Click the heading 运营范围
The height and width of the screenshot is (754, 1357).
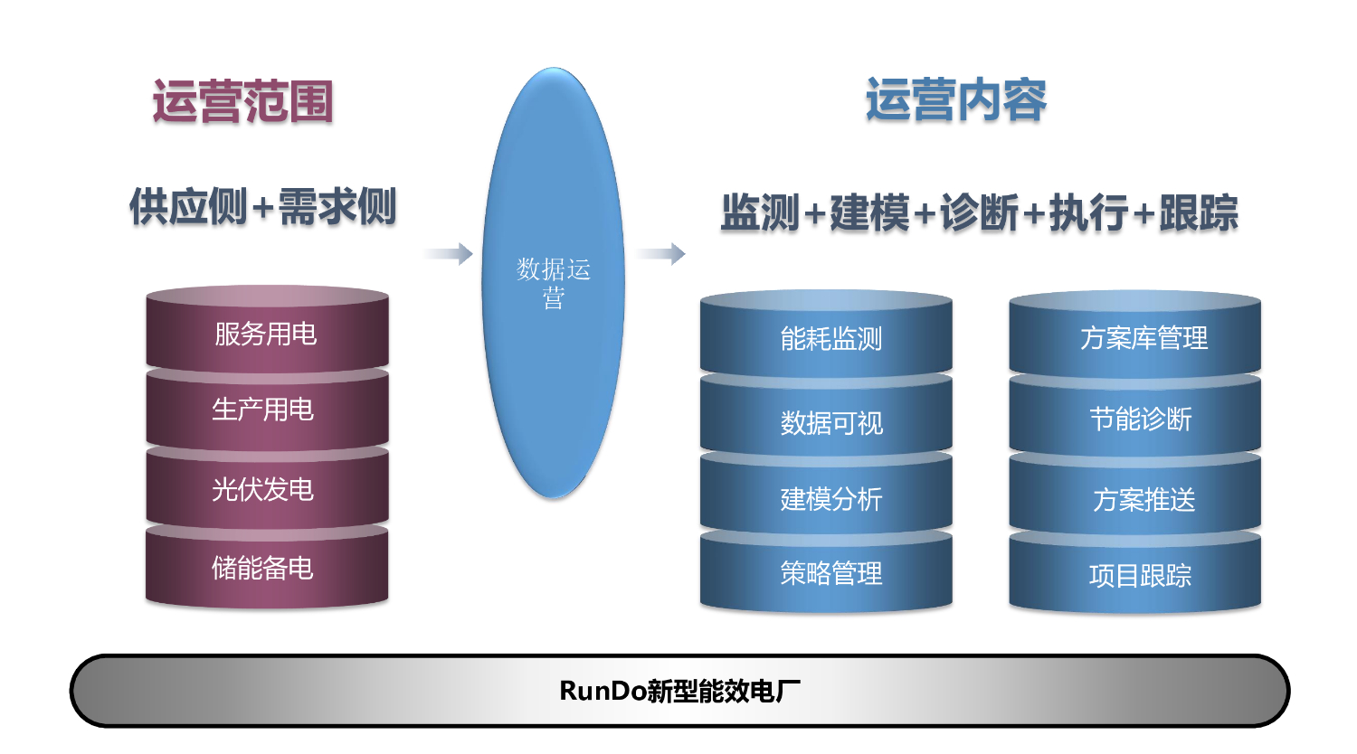(x=242, y=101)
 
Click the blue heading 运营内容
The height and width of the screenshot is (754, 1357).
(x=956, y=100)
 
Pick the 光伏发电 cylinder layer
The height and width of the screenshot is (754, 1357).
(x=267, y=488)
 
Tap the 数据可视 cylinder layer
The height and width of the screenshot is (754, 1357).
(x=826, y=416)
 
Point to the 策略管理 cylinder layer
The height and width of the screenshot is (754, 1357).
(x=826, y=571)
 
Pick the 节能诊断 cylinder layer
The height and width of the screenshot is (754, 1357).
(x=1134, y=416)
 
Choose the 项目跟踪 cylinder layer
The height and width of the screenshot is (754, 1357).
(x=1134, y=571)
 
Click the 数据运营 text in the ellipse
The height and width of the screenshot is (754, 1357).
(x=553, y=284)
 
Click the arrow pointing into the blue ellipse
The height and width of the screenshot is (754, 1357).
(x=449, y=254)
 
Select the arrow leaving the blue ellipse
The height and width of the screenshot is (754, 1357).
(x=661, y=254)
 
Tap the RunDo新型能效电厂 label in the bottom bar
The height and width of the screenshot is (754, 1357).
(x=679, y=691)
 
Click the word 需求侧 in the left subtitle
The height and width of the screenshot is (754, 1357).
(x=337, y=207)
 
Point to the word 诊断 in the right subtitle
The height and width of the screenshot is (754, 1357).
(x=979, y=212)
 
